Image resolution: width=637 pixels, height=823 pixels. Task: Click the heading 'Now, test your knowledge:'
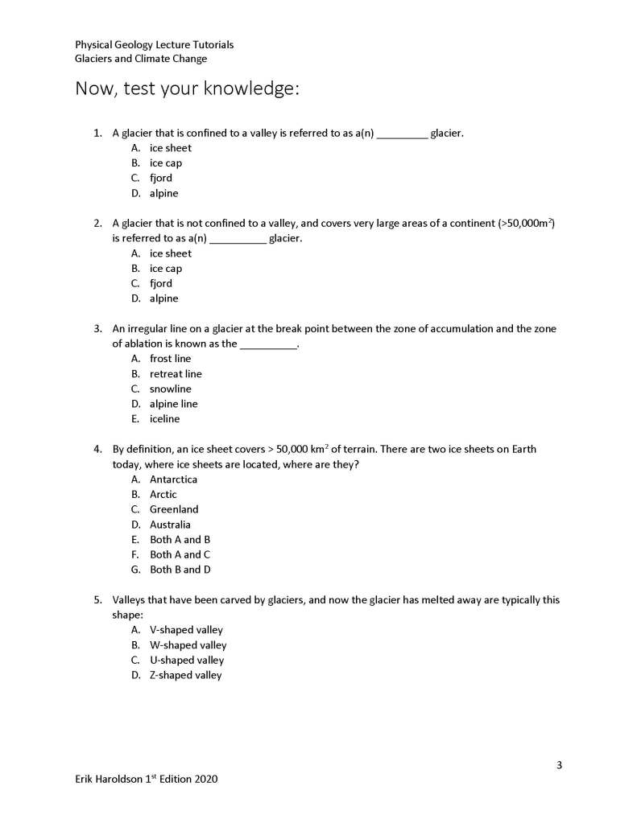(x=187, y=88)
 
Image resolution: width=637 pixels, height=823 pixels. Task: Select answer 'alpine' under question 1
(x=163, y=193)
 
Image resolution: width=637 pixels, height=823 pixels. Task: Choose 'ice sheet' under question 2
(x=170, y=253)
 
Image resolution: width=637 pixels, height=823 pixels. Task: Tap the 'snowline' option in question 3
(x=170, y=389)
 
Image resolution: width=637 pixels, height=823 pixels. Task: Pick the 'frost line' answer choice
(x=170, y=359)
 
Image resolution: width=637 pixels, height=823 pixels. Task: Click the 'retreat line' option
(x=176, y=374)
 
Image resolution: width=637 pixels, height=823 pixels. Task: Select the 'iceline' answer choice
(x=164, y=419)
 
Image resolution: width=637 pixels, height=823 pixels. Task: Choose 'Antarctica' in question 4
(x=173, y=479)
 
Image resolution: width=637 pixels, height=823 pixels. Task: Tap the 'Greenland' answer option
(x=173, y=509)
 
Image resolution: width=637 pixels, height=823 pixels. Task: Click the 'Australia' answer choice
(x=170, y=525)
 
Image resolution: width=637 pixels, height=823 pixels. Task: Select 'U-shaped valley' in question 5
(x=187, y=660)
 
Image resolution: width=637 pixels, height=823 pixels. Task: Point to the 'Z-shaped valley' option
(x=185, y=676)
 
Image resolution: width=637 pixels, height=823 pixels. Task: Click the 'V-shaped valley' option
(x=186, y=630)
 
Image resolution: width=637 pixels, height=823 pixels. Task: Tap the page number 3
(x=559, y=764)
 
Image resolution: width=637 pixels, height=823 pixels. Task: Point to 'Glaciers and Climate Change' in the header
(x=141, y=59)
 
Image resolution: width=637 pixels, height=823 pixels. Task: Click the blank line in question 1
(x=402, y=134)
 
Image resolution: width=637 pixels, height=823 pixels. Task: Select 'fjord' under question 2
(x=160, y=283)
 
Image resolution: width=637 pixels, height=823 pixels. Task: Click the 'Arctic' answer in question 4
(x=163, y=494)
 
